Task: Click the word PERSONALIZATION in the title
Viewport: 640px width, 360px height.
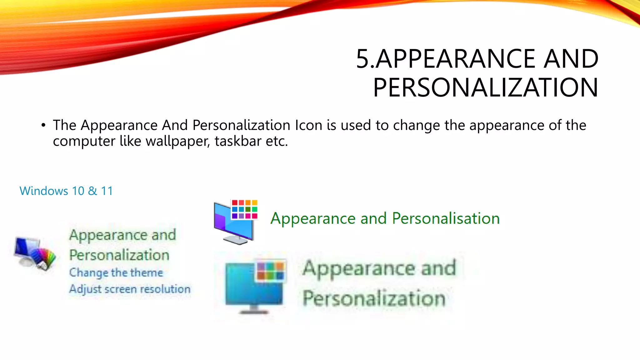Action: [486, 88]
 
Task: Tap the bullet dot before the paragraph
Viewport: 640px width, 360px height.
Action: [43, 126]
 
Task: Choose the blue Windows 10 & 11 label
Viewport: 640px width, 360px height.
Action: [66, 191]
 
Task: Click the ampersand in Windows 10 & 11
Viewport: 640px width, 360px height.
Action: [92, 191]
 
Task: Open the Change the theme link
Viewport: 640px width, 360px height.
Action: [116, 272]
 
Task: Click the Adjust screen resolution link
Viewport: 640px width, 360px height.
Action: [130, 289]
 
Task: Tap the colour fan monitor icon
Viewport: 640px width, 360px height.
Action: [35, 253]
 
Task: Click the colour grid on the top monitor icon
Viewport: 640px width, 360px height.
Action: [244, 209]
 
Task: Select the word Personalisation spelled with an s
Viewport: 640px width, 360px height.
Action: [446, 218]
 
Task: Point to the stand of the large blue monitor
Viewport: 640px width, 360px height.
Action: [253, 310]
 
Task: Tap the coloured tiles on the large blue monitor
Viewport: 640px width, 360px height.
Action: [270, 270]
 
